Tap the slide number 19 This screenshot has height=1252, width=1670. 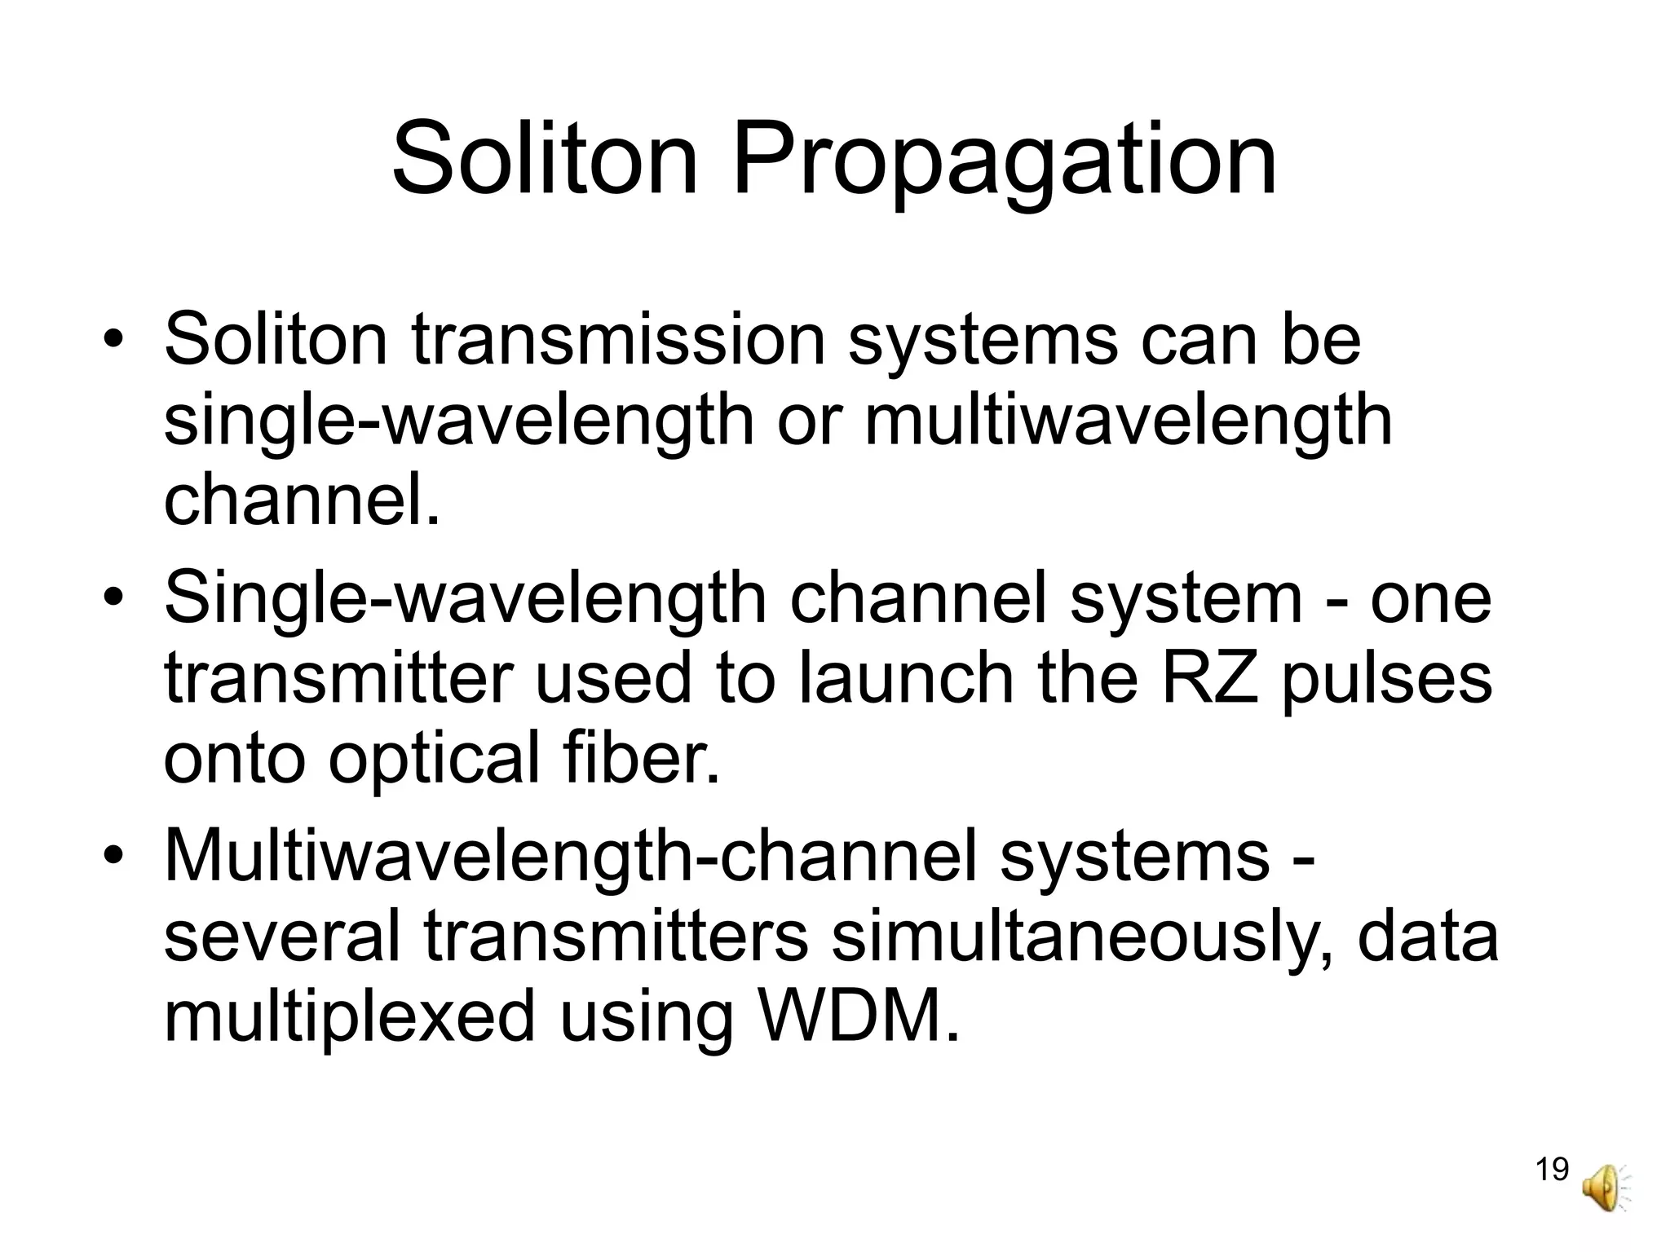click(x=1552, y=1170)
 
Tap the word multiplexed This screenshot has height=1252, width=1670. click(x=349, y=1016)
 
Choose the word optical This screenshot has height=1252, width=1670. click(x=433, y=758)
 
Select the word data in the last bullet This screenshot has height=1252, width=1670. click(x=1428, y=936)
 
